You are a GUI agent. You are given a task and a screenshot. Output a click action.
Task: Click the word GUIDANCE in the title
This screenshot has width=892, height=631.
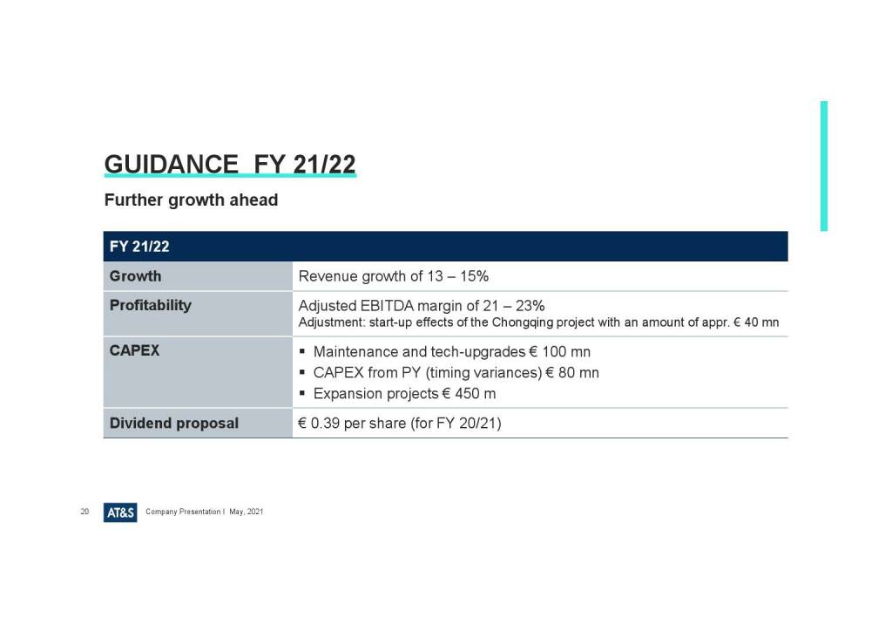[172, 164]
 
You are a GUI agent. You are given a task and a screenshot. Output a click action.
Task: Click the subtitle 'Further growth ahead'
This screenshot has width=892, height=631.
[191, 200]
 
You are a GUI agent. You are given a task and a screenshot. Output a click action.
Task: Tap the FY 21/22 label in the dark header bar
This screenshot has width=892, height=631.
[139, 247]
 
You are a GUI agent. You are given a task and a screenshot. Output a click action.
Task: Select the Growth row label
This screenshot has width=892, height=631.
[135, 276]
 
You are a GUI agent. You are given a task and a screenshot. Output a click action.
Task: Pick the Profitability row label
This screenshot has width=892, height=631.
[151, 306]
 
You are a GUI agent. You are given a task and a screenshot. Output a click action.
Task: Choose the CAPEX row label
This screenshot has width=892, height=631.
[134, 350]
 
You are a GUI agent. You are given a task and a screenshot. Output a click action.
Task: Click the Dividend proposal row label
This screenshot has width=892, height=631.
[174, 424]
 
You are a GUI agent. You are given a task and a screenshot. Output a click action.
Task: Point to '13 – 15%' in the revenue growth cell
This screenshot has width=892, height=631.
[458, 276]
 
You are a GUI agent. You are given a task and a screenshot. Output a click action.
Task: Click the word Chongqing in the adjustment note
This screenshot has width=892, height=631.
[523, 322]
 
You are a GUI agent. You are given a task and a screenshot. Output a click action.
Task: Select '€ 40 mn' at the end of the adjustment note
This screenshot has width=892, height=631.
[756, 322]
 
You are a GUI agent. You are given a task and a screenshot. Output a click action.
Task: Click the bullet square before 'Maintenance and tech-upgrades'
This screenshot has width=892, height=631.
[302, 351]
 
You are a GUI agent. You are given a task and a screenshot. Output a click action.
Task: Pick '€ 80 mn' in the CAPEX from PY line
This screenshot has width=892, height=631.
[572, 373]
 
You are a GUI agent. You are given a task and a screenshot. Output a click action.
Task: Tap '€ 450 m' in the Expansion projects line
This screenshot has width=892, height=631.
[469, 394]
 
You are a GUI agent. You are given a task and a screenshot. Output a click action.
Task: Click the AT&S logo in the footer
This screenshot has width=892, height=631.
[120, 512]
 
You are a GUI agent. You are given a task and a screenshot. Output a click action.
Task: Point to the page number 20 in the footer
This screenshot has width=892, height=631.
[84, 512]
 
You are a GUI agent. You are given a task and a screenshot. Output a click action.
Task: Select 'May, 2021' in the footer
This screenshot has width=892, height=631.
[247, 512]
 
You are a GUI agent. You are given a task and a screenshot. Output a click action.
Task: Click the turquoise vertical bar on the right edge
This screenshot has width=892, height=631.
[824, 166]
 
